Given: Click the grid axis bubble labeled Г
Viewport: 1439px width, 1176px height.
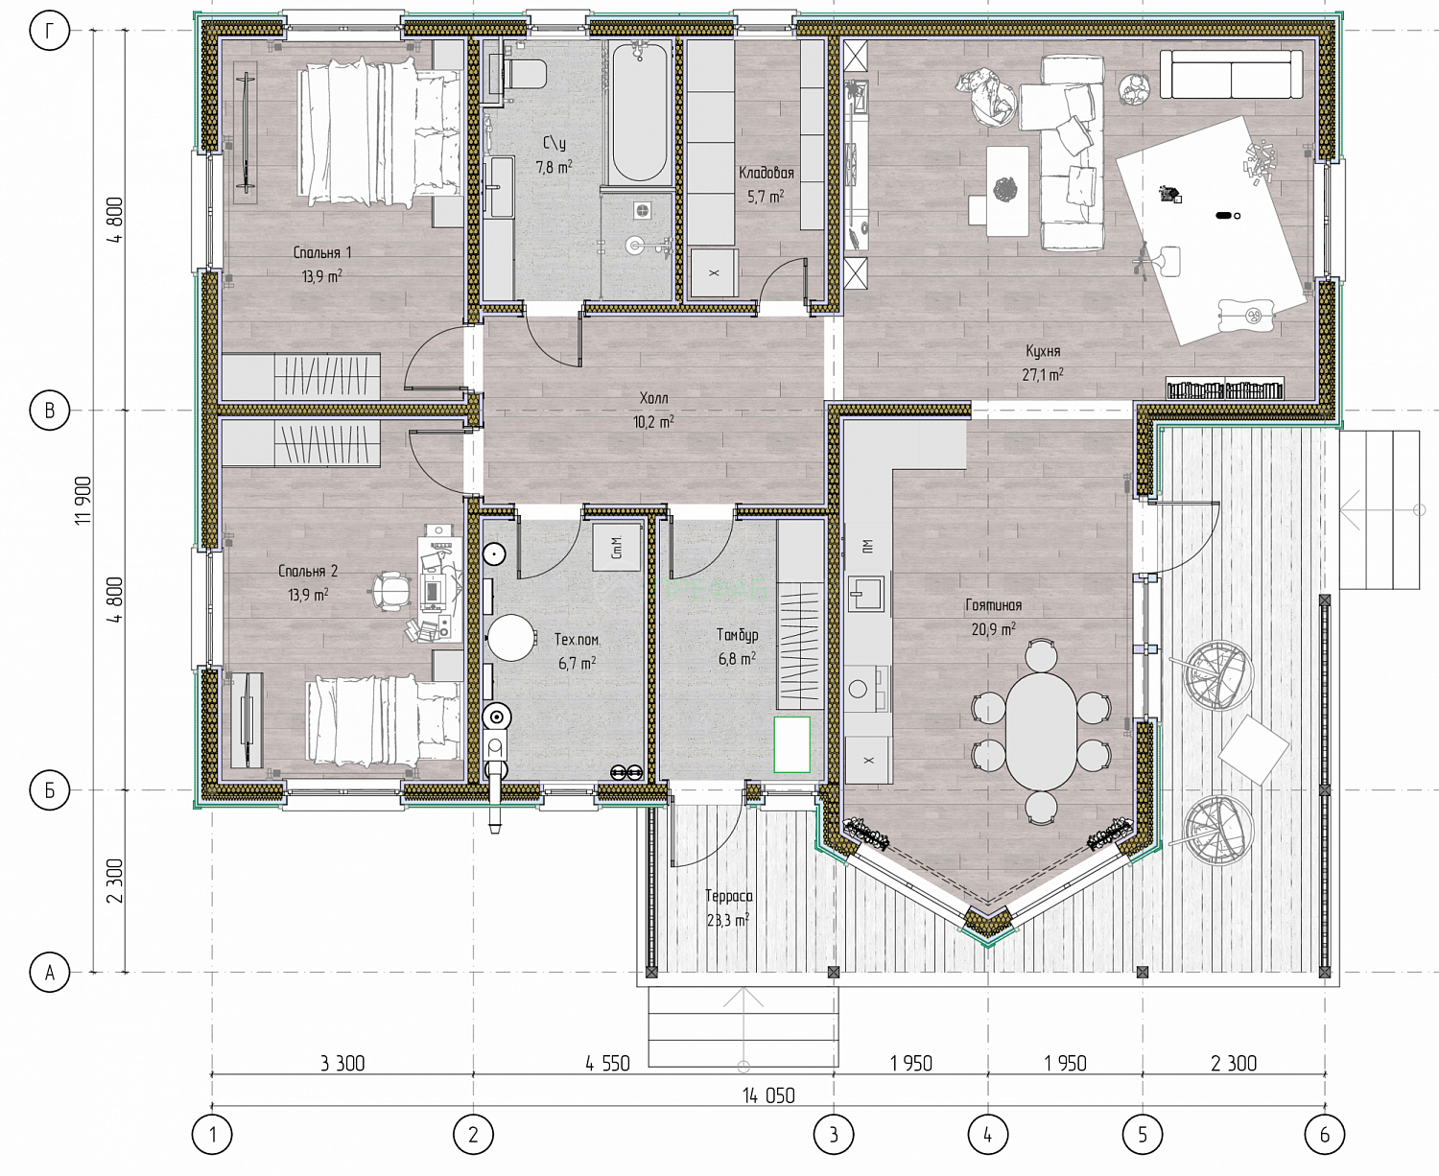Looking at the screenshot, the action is [50, 31].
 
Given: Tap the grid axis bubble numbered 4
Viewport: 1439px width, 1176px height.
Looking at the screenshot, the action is [987, 1135].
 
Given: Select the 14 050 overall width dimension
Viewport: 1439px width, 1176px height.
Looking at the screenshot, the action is [768, 1095].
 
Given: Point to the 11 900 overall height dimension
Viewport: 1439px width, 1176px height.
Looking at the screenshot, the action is [83, 500].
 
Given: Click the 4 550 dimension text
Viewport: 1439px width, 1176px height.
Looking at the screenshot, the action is [607, 1064].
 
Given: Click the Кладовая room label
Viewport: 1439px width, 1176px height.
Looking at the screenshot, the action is [767, 174].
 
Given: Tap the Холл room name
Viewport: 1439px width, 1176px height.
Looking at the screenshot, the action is [653, 398].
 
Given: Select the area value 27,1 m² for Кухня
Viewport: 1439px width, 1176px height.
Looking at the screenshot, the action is [1043, 374].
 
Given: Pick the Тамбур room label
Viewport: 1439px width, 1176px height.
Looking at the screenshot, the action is [737, 635].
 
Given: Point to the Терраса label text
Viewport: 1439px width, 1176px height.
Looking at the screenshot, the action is [729, 896].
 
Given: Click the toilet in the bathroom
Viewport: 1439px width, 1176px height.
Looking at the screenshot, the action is [523, 74].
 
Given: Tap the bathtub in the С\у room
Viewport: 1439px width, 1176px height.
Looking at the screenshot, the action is [639, 112].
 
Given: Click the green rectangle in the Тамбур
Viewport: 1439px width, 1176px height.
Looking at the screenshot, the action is [791, 744].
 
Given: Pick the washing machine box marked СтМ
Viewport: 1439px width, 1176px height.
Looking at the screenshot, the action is [616, 547].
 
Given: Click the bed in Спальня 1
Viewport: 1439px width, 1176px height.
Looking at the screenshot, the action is [380, 131].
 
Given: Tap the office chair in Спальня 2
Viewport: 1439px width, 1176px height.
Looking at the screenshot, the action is [391, 589].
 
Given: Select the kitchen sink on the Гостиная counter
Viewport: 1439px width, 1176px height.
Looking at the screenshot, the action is [866, 593].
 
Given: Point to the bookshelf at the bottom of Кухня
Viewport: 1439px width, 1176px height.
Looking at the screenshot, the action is [1224, 388].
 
